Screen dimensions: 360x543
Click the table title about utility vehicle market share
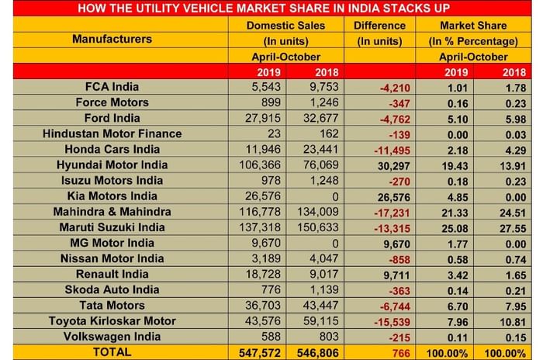point(271,9)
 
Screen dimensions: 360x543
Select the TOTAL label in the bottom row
point(116,351)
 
